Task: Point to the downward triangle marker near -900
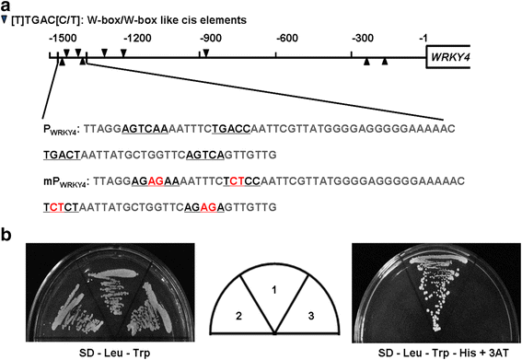pyautogui.click(x=206, y=52)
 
